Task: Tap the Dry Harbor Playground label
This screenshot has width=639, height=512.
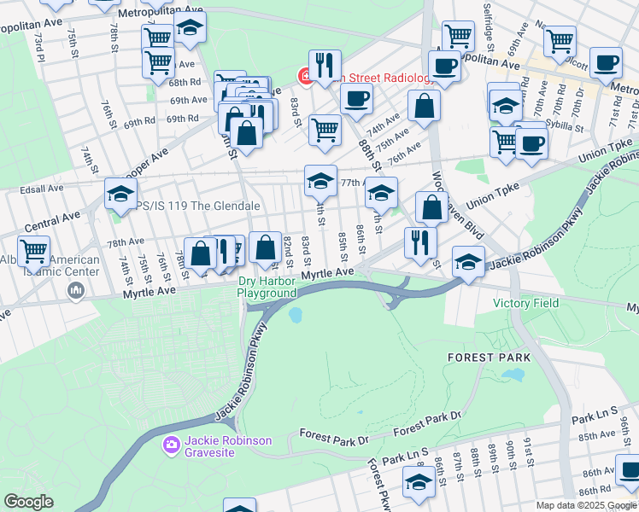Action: coord(267,286)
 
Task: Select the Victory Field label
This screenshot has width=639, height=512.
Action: coord(525,303)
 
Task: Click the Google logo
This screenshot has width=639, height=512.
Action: coord(29,502)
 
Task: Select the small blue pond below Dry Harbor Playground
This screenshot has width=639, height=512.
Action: coord(296,316)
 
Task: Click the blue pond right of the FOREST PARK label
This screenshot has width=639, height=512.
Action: coord(513,374)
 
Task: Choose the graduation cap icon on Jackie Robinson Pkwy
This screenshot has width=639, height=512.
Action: coord(468,262)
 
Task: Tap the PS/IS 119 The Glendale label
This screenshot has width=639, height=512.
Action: coord(188,207)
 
